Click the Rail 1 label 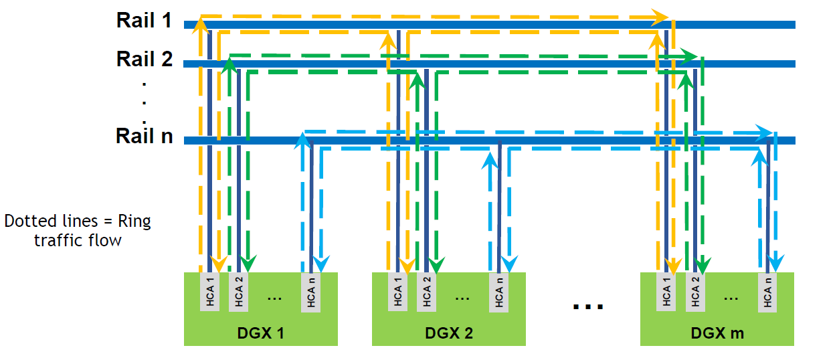tap(144, 20)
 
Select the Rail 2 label tap(144, 59)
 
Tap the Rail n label tap(144, 137)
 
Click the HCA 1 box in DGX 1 tap(209, 290)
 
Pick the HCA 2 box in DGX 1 tap(238, 290)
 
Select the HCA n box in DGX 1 tap(311, 291)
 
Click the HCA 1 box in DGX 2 tap(398, 290)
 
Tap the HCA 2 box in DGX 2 tap(426, 290)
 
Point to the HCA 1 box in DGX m tap(666, 290)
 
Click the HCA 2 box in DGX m tap(695, 290)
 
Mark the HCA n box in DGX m tap(767, 291)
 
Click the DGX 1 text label tap(260, 333)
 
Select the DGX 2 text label tap(449, 333)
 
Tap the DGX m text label tap(717, 333)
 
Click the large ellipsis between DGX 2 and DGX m tap(588, 306)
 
